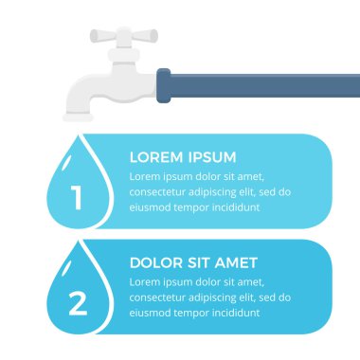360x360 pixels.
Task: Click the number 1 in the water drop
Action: click(77, 198)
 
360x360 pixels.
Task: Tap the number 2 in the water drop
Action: click(78, 303)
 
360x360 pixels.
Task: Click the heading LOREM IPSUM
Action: click(183, 157)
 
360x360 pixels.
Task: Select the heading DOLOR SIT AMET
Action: click(193, 262)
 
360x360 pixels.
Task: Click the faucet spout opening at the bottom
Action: click(78, 117)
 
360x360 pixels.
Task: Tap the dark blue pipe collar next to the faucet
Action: click(164, 85)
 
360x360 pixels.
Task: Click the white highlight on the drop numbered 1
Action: click(66, 163)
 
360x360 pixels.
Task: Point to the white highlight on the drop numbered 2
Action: click(66, 269)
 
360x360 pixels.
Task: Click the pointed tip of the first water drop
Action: click(78, 135)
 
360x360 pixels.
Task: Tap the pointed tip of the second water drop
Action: click(78, 241)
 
